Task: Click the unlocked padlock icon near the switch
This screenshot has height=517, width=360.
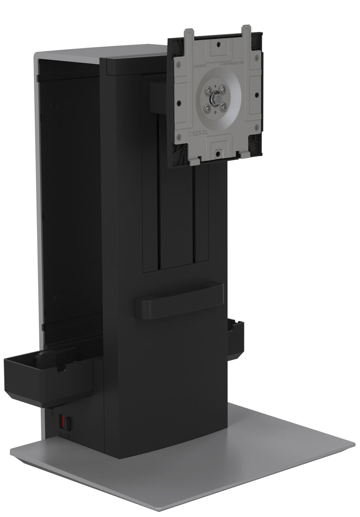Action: pyautogui.click(x=68, y=436)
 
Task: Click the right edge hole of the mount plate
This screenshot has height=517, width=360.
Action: pyautogui.click(x=256, y=95)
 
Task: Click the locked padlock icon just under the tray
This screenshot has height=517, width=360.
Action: pyautogui.click(x=52, y=413)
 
